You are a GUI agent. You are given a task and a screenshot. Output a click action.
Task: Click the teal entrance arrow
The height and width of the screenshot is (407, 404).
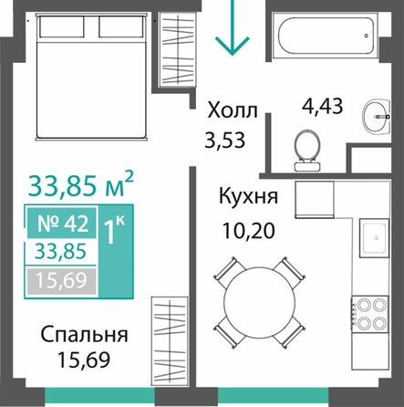(233, 27)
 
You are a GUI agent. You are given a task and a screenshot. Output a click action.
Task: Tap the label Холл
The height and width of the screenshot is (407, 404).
(233, 110)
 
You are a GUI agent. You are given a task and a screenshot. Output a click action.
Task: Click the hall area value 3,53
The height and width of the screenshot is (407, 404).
(224, 141)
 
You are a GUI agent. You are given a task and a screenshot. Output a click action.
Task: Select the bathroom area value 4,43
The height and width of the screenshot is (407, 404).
(323, 106)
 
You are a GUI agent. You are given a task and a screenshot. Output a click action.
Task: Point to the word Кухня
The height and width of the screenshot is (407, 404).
(248, 196)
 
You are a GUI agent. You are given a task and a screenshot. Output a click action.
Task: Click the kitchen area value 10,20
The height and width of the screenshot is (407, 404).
(249, 231)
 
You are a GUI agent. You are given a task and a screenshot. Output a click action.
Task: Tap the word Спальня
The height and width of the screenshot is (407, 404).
(84, 335)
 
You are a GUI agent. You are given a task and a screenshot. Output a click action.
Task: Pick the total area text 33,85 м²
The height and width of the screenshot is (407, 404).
(81, 185)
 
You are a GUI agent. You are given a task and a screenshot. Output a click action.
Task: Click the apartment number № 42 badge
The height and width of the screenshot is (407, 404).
(62, 223)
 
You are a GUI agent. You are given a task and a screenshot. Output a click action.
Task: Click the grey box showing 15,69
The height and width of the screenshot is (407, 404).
(62, 281)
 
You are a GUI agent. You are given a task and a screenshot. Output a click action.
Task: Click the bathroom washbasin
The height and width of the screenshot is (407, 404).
(377, 116)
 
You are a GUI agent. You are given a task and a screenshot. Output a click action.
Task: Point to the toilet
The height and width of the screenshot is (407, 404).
(307, 151)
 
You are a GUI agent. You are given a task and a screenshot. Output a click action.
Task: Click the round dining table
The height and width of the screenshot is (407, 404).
(259, 302)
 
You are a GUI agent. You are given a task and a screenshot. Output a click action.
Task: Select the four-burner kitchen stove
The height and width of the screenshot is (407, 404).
(370, 315)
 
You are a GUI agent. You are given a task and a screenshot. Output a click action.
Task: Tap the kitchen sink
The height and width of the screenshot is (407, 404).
(375, 238)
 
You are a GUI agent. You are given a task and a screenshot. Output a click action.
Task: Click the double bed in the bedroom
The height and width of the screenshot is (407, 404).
(91, 76)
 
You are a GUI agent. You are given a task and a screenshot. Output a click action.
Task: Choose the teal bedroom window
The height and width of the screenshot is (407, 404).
(99, 397)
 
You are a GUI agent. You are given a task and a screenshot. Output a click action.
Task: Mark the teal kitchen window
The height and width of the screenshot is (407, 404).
(274, 397)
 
